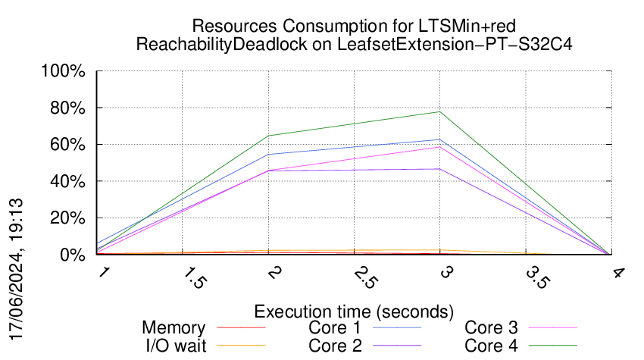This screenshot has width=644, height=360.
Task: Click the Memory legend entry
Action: click(174, 328)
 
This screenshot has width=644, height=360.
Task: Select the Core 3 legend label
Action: click(492, 328)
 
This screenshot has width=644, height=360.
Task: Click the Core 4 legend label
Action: click(492, 346)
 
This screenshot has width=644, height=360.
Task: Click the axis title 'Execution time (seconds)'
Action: click(354, 311)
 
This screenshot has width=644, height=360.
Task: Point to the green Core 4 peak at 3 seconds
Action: click(439, 112)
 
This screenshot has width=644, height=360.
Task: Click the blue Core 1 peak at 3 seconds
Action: click(439, 139)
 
